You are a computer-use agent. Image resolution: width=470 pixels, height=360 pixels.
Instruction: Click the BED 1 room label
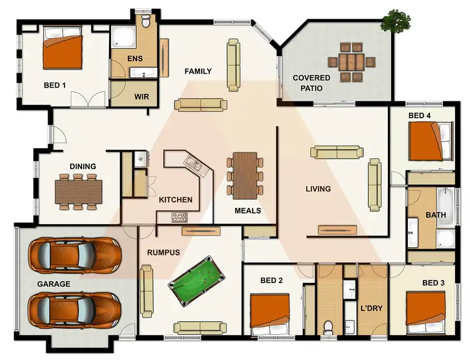[x=55, y=85]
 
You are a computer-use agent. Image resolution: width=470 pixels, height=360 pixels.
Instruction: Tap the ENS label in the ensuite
[x=135, y=59]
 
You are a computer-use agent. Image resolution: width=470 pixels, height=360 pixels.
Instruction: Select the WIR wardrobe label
[x=142, y=97]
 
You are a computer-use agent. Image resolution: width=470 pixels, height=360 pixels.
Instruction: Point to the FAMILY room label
[x=198, y=71]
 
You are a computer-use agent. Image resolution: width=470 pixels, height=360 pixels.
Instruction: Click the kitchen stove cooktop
[x=180, y=217]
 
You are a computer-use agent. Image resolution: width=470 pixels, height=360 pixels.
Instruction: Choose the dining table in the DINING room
[x=78, y=191]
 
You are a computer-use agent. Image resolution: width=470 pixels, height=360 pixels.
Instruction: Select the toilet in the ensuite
[x=147, y=23]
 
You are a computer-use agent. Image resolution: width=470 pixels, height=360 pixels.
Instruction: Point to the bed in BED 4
[x=431, y=141]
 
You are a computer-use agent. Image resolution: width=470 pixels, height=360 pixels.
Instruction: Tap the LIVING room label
[x=318, y=188]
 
